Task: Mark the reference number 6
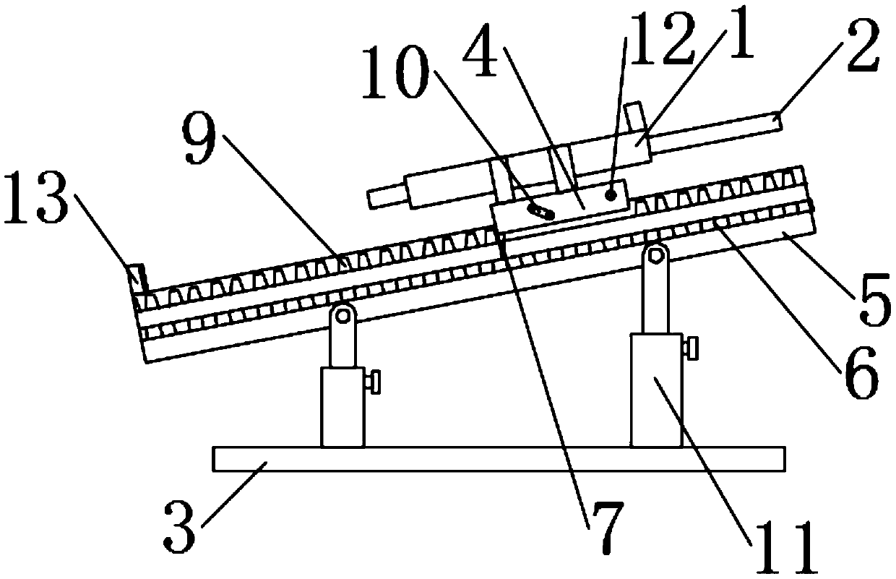[857, 372]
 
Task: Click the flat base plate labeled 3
[499, 459]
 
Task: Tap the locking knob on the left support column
[374, 382]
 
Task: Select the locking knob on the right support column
[692, 348]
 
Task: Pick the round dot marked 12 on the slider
[611, 194]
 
